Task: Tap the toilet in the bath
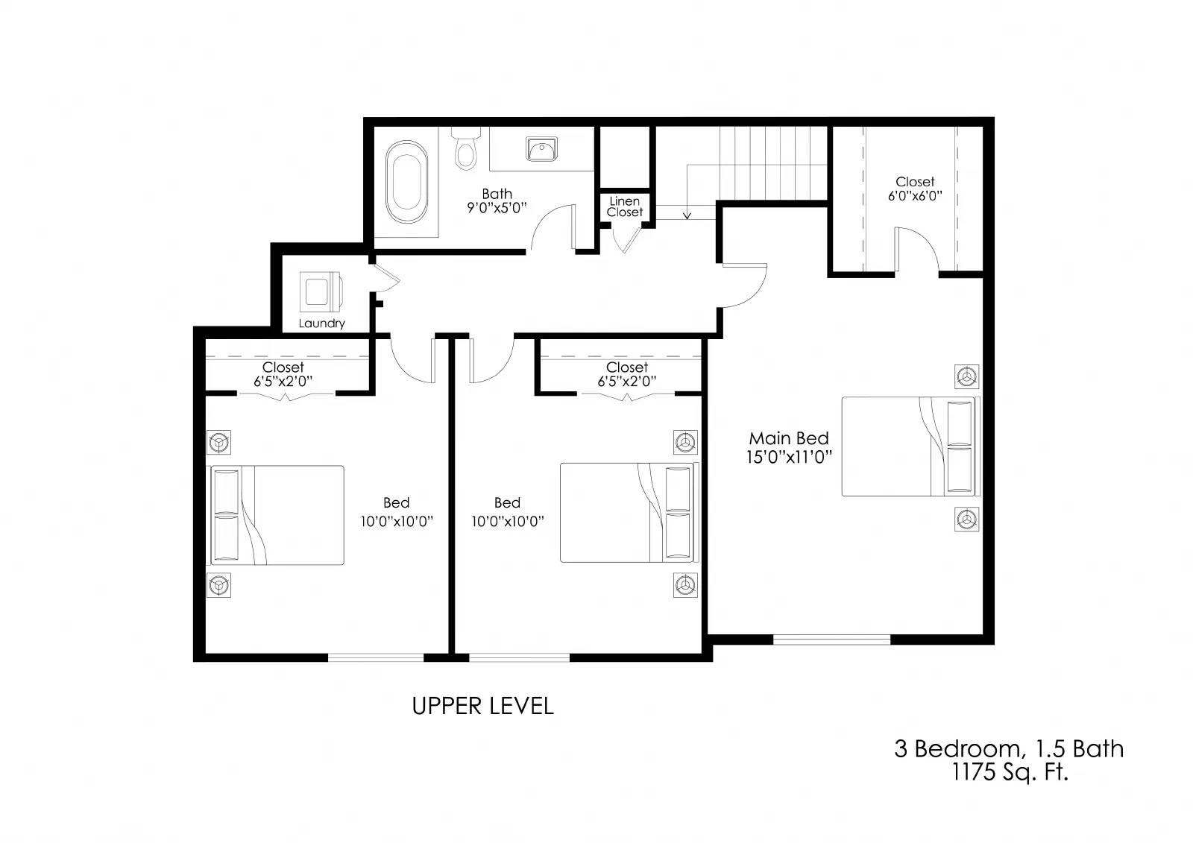(466, 150)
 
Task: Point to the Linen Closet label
(624, 206)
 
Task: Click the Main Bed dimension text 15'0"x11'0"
(789, 457)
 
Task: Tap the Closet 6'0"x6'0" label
(915, 189)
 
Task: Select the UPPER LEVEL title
(482, 706)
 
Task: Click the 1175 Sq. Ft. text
(1010, 772)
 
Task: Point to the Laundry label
(321, 323)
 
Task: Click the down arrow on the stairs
(687, 213)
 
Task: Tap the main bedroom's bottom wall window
(831, 639)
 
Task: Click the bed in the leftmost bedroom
(277, 515)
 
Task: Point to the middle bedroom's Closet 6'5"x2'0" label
(626, 373)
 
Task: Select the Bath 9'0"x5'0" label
(497, 201)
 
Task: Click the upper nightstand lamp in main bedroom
(967, 376)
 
